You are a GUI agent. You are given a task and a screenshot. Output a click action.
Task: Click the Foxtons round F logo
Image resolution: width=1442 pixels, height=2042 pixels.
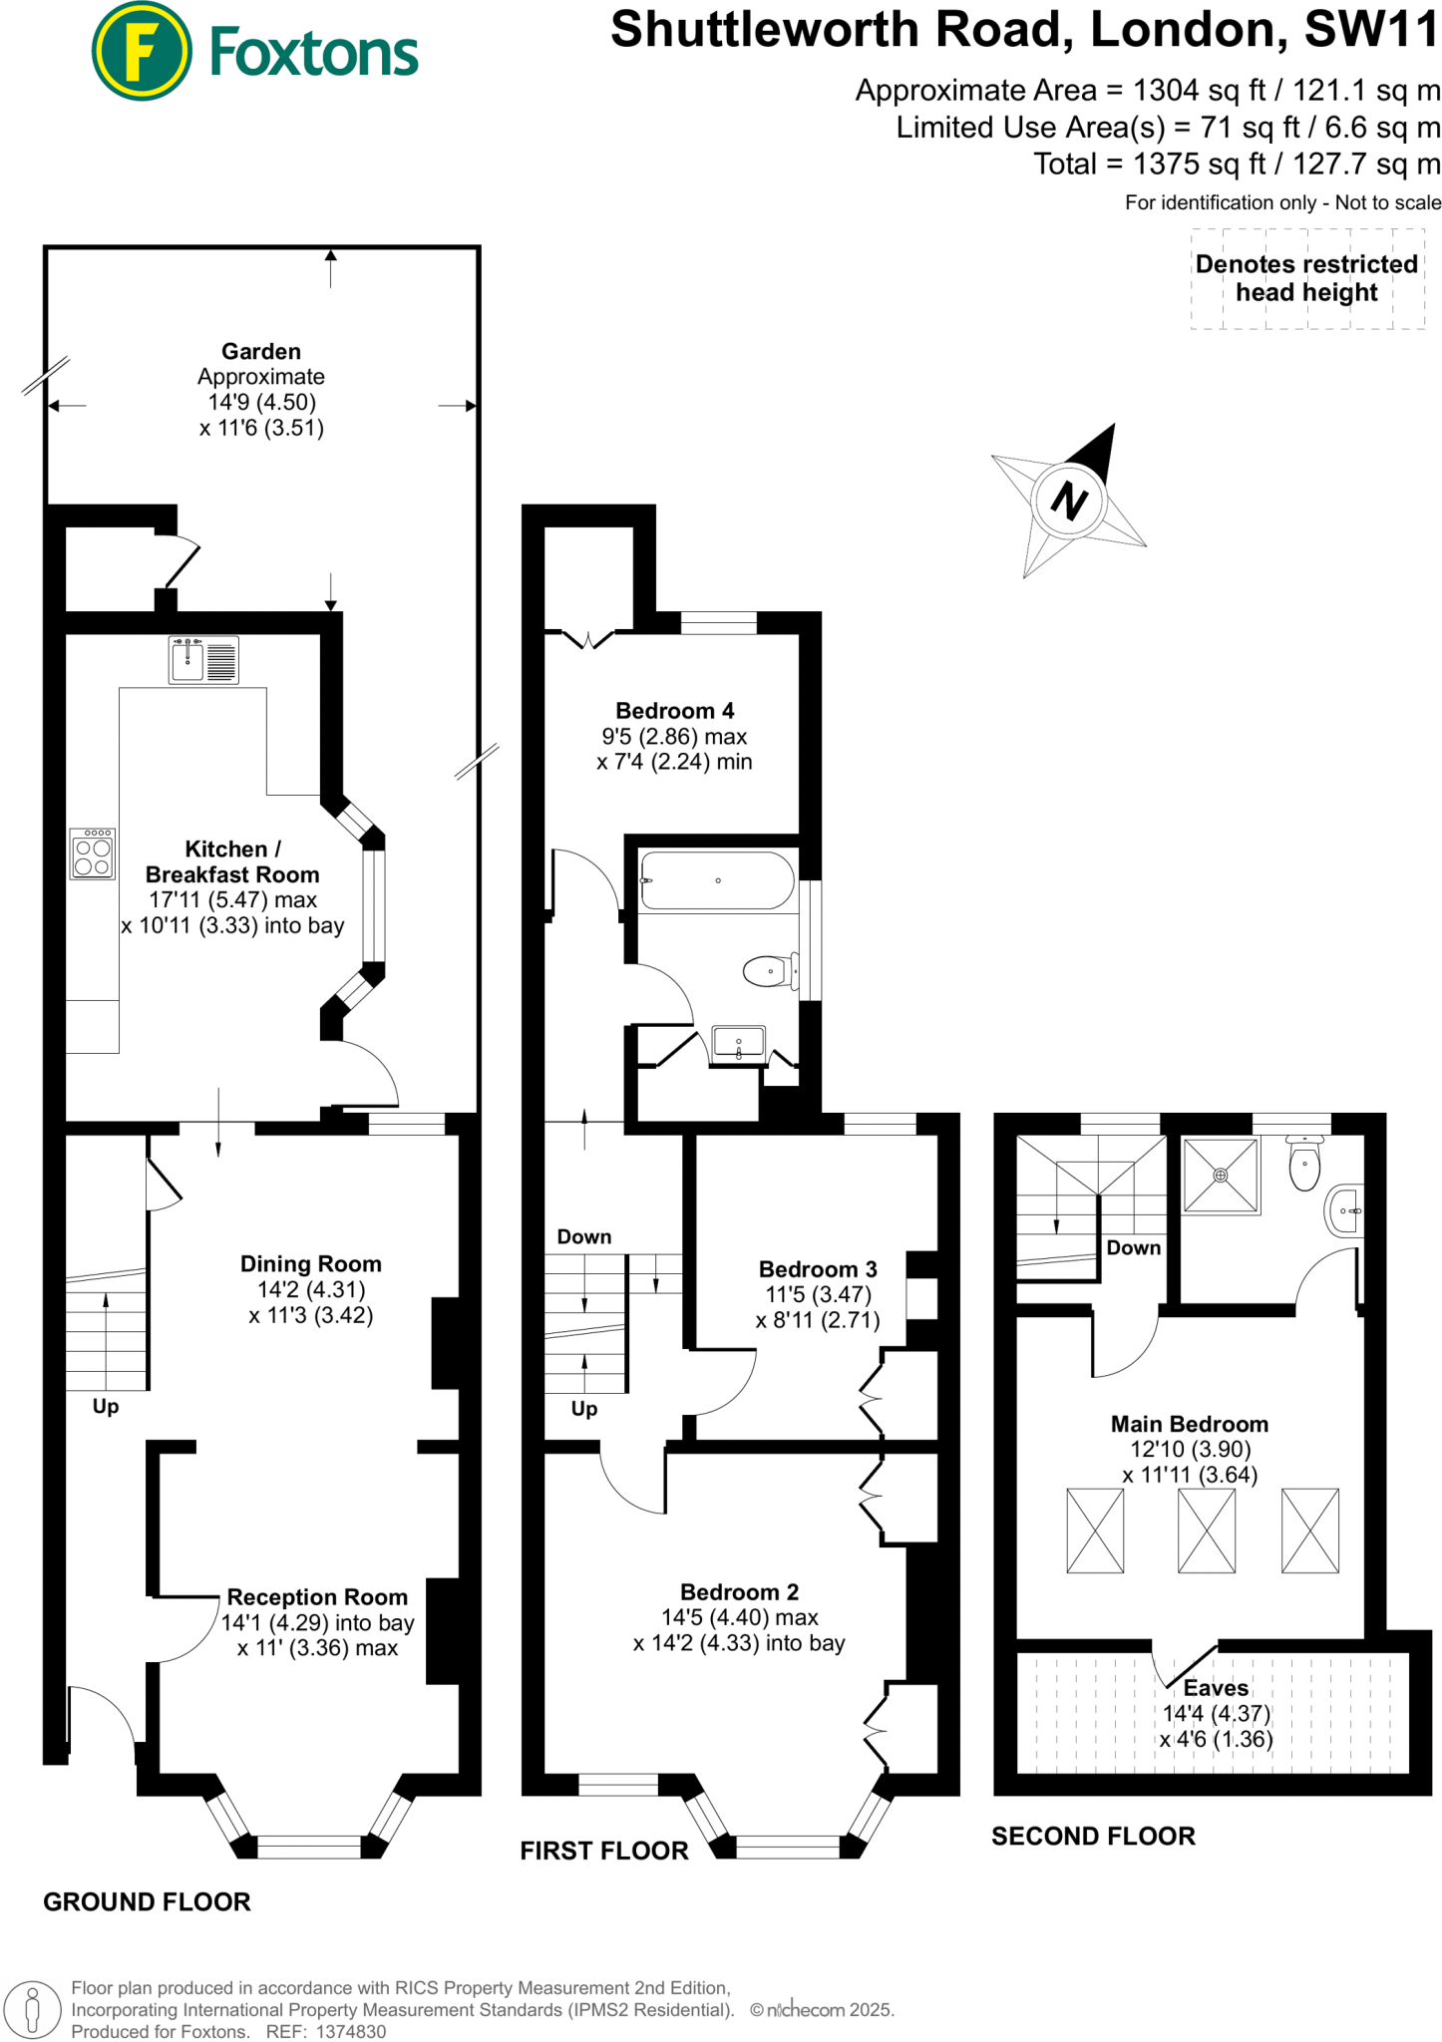[x=141, y=52]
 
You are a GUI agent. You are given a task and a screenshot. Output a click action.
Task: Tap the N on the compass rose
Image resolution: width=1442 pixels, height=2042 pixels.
[x=1069, y=500]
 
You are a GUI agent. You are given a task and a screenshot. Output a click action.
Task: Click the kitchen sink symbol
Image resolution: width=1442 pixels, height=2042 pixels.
[x=203, y=660]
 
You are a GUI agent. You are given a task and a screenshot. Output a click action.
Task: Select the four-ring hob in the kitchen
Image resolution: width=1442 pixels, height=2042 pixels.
[x=93, y=854]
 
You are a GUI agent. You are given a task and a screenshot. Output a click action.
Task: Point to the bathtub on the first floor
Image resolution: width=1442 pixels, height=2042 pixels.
[x=718, y=880]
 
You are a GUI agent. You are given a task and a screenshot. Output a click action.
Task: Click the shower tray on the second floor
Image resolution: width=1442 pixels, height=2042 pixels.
[x=1221, y=1176]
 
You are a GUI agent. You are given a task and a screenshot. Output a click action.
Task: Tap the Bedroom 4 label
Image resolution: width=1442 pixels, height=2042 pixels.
[x=674, y=711]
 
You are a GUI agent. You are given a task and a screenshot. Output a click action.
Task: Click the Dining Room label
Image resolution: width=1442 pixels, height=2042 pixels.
[x=310, y=1264]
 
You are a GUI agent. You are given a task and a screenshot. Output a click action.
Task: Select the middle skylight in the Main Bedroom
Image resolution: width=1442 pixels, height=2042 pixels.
[x=1206, y=1531]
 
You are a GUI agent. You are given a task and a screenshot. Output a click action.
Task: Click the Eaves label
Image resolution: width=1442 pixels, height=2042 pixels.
[x=1216, y=1688]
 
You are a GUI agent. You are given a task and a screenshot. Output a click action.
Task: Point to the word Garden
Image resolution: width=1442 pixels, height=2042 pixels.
[x=260, y=351]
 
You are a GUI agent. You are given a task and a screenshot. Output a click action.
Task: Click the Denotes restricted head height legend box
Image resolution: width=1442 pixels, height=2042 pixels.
[x=1306, y=279]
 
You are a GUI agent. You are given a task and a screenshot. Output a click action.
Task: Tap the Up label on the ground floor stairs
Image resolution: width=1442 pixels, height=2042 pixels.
[x=105, y=1407]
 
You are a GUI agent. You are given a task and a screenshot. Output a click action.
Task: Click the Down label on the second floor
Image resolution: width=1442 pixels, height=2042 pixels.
[x=1133, y=1248]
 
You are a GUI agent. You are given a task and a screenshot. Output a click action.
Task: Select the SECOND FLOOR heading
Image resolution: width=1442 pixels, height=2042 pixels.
[x=1093, y=1837]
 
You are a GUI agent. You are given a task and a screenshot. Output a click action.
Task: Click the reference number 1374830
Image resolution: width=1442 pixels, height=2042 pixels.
[x=350, y=2032]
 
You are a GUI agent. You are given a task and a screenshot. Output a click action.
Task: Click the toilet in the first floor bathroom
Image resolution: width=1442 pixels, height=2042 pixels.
[x=769, y=971]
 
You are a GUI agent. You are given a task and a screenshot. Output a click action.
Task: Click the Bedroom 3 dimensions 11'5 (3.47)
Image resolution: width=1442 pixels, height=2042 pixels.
[x=818, y=1295]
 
